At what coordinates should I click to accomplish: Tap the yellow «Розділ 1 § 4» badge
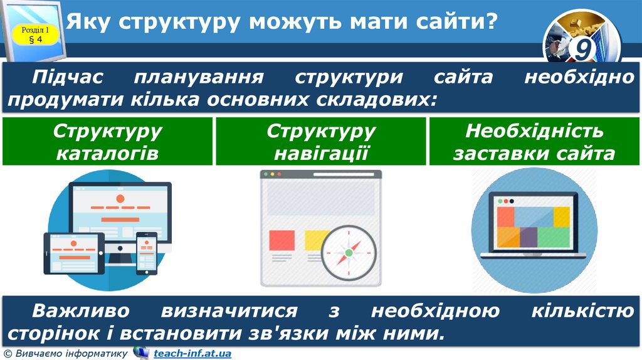coord(35,34)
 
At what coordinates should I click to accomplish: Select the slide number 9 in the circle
coord(583,49)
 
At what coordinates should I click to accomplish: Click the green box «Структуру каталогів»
coord(107,142)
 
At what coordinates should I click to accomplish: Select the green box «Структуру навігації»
coord(321,142)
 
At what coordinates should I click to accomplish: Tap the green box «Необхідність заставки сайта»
coord(534,142)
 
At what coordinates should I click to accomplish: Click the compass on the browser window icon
coord(349,253)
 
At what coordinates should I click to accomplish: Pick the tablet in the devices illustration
coord(74,253)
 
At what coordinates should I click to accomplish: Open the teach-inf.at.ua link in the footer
coord(192,354)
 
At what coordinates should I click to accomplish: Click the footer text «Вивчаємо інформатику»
coord(70,354)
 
